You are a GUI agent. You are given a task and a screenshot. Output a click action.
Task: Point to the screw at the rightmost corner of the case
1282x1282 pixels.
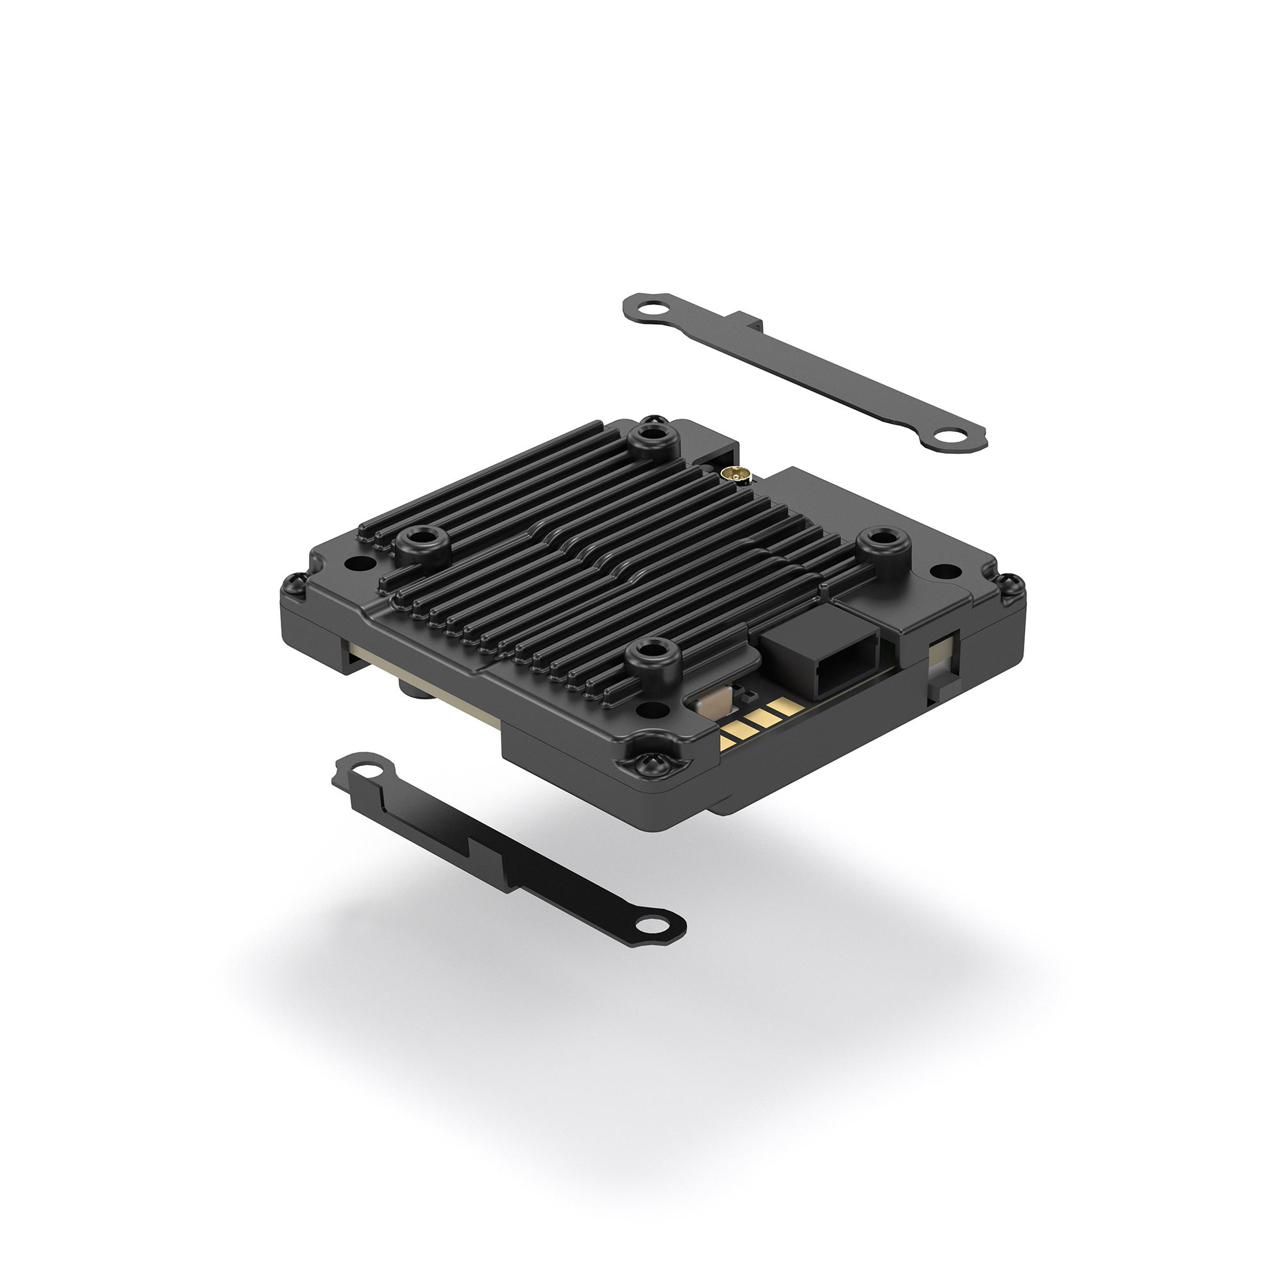pos(1013,584)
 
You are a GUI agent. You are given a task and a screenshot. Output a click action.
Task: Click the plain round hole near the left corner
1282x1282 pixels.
pos(356,565)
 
